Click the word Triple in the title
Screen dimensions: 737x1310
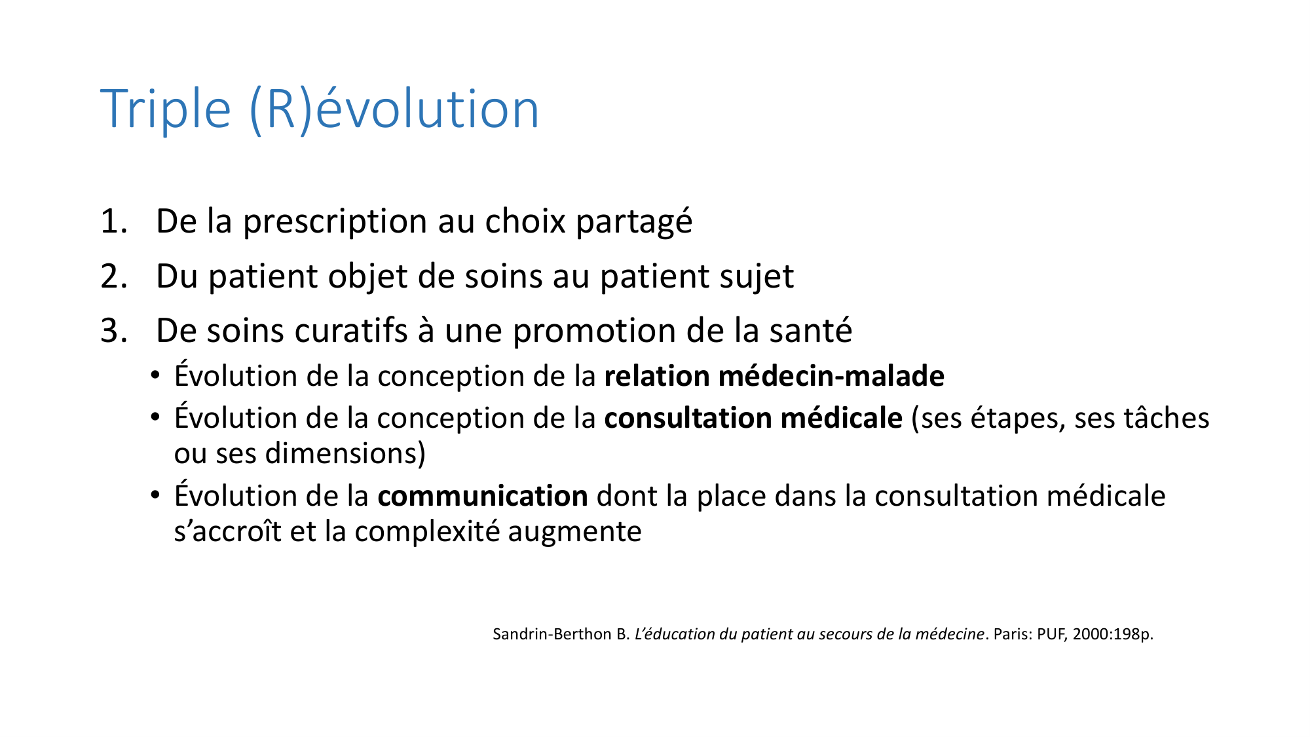pos(165,109)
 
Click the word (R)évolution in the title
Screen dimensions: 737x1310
pos(394,109)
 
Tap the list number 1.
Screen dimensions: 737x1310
pos(113,221)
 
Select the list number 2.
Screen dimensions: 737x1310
pos(113,276)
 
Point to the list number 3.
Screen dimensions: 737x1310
pos(113,331)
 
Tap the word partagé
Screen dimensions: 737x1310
pos(633,221)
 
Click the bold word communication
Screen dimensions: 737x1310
pos(482,497)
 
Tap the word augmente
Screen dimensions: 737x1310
pos(574,531)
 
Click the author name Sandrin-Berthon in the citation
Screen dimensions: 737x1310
pos(553,634)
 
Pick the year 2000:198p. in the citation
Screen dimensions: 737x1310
pos(1112,634)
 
